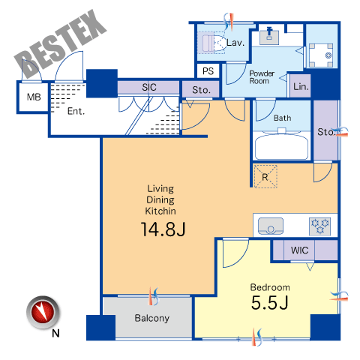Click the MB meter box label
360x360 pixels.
[34, 97]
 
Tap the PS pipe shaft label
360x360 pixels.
[208, 71]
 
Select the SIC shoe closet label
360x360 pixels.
[149, 87]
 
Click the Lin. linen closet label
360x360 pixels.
[301, 87]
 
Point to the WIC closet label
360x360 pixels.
[299, 250]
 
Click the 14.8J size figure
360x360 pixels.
[163, 229]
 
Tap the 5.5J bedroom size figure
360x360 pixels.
[269, 303]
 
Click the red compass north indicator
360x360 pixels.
[43, 313]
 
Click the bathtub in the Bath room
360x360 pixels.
[281, 147]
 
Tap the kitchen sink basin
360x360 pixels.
[271, 226]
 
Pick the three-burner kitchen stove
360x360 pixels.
[319, 226]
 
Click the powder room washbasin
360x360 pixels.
[269, 37]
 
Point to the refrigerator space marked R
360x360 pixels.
[265, 177]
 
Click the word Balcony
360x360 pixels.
[152, 318]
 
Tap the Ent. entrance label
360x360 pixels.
[76, 111]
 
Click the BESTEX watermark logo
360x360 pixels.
[61, 44]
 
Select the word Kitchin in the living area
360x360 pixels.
[160, 211]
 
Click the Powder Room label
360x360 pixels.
[262, 77]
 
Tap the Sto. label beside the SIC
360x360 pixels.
[201, 90]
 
